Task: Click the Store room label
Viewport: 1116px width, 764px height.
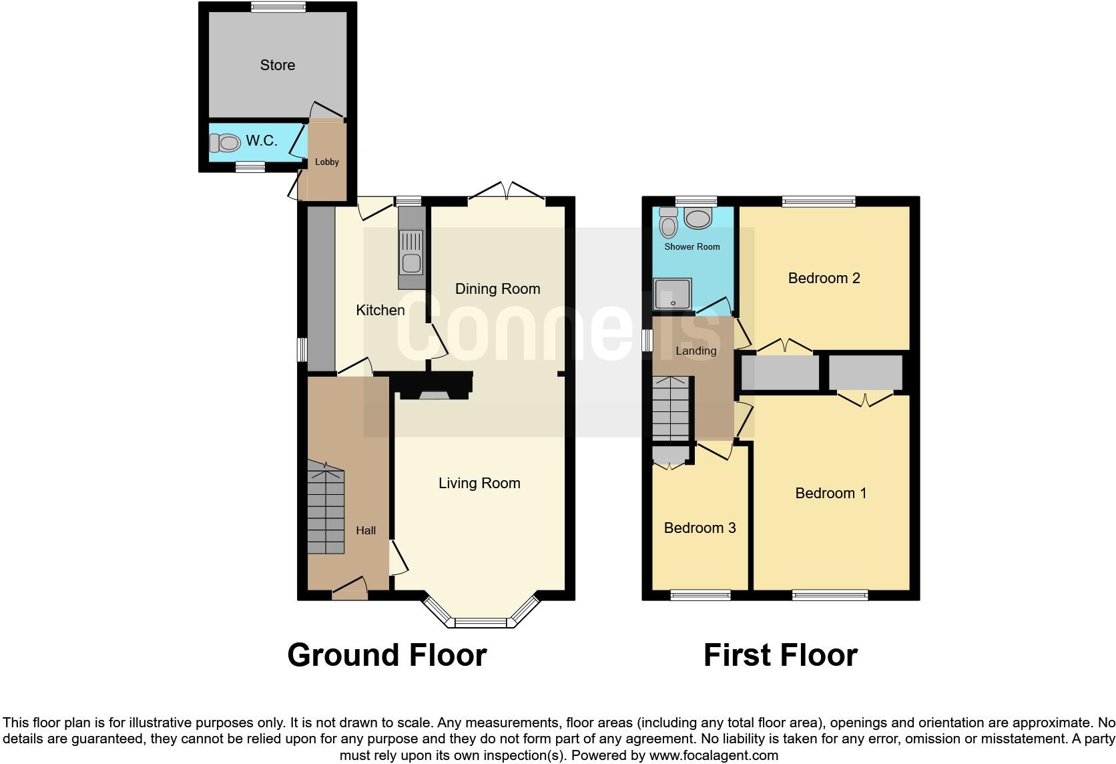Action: click(x=277, y=65)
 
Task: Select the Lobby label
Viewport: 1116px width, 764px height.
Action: click(x=327, y=162)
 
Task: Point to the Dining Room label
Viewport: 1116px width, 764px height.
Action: click(x=497, y=289)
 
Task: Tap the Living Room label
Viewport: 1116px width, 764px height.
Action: click(x=479, y=483)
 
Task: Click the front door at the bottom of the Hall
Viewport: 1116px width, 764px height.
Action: click(x=349, y=588)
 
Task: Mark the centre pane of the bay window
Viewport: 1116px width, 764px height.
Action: click(x=481, y=623)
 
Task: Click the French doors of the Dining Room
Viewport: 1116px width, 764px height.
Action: click(x=507, y=192)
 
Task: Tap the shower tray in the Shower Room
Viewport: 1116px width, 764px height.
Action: click(x=673, y=295)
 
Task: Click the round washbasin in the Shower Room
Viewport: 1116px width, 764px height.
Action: click(x=698, y=218)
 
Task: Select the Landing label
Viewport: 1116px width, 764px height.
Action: click(x=695, y=351)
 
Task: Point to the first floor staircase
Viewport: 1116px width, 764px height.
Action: click(x=669, y=409)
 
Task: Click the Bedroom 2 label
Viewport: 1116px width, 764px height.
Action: click(x=824, y=278)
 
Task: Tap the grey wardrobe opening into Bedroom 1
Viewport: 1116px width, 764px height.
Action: click(x=866, y=373)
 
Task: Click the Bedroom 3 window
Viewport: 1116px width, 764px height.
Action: click(x=700, y=595)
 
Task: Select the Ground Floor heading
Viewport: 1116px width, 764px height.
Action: click(x=386, y=655)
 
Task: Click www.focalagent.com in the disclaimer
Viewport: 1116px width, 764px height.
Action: click(x=713, y=756)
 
